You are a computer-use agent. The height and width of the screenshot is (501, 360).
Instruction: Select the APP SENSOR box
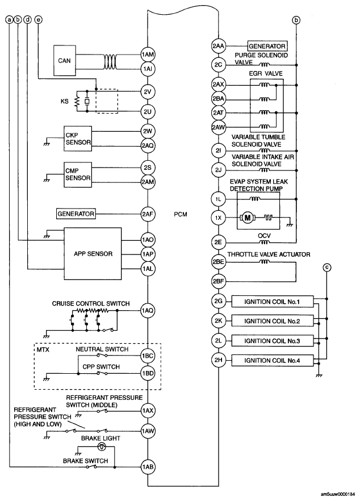click(92, 253)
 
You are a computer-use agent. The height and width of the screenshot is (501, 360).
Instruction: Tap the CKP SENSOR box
click(78, 138)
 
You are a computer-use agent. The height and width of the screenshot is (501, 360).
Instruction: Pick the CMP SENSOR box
click(78, 174)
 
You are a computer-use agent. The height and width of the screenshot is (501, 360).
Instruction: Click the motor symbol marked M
click(248, 218)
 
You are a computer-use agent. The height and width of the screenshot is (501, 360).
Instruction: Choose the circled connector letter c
click(326, 268)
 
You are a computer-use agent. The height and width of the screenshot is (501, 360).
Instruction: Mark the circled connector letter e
click(38, 19)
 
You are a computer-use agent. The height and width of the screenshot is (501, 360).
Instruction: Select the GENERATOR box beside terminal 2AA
click(266, 45)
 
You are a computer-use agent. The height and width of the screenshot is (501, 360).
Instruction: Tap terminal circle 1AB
click(148, 466)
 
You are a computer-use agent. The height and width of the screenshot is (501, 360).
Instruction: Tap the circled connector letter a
click(9, 19)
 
